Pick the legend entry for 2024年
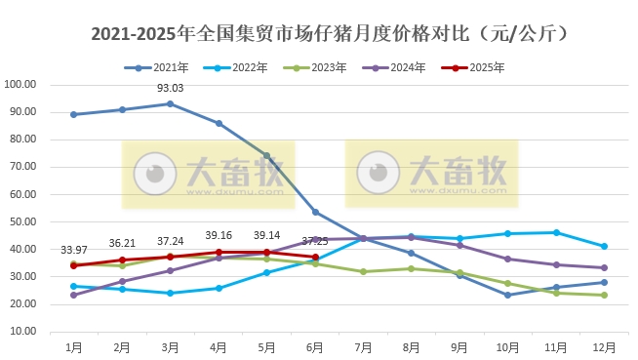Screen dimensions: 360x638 (x=400, y=68)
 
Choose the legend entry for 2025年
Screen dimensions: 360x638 (x=481, y=68)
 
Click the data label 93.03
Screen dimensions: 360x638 (x=171, y=90)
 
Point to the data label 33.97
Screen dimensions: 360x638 (x=74, y=251)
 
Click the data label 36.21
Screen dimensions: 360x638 (x=122, y=244)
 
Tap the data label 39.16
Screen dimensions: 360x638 (x=219, y=236)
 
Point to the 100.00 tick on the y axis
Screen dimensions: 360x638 (x=20, y=84)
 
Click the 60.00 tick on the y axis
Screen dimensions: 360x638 (x=20, y=194)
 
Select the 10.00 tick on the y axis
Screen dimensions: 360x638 (x=20, y=332)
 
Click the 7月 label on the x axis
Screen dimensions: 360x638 (x=363, y=347)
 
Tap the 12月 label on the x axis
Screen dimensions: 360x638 (x=604, y=347)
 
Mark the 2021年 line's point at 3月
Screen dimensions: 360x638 (x=171, y=103)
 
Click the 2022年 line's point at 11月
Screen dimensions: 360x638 (x=556, y=232)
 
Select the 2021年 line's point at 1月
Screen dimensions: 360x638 (x=74, y=114)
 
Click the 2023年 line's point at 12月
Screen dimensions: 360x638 (x=604, y=295)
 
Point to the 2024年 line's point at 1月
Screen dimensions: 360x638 (x=74, y=295)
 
